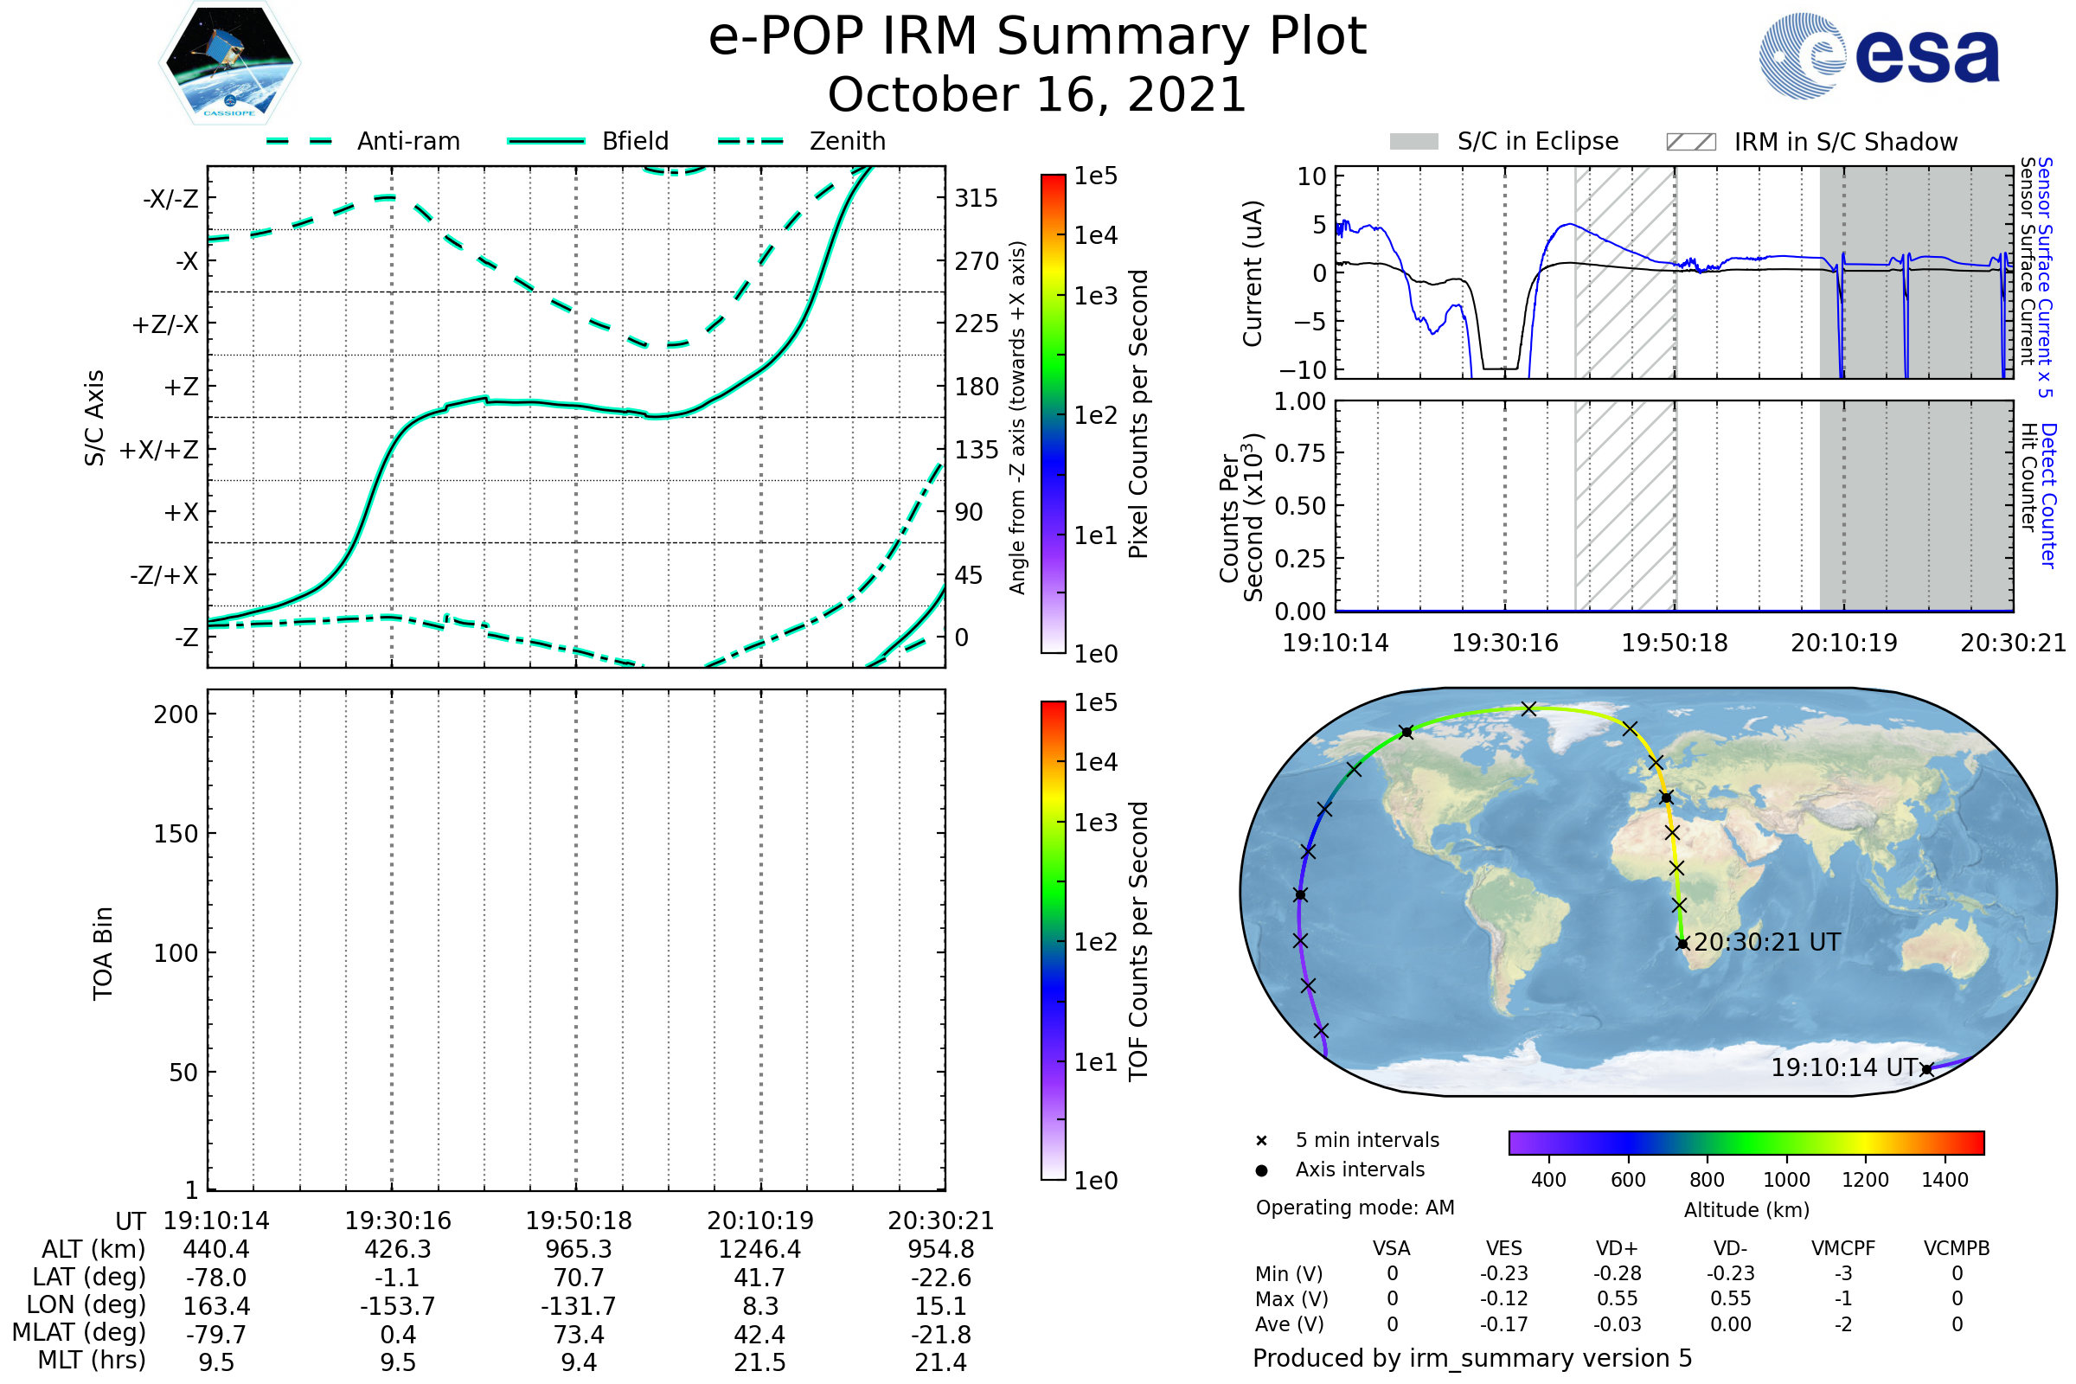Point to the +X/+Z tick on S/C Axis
pyautogui.click(x=159, y=450)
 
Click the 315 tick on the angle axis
pyautogui.click(x=977, y=198)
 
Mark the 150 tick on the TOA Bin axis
pyautogui.click(x=176, y=834)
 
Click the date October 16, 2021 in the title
pyautogui.click(x=1037, y=94)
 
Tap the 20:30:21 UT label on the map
pyautogui.click(x=1767, y=943)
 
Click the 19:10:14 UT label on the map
pyautogui.click(x=1844, y=1068)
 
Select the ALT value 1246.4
pyautogui.click(x=759, y=1250)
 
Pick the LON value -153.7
pyautogui.click(x=397, y=1306)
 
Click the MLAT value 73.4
pyautogui.click(x=578, y=1335)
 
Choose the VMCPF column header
pyautogui.click(x=1842, y=1249)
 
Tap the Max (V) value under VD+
pyautogui.click(x=1617, y=1299)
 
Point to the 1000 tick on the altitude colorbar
pyautogui.click(x=1785, y=1180)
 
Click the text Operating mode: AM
pyautogui.click(x=1355, y=1208)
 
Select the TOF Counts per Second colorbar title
pyautogui.click(x=1138, y=941)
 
